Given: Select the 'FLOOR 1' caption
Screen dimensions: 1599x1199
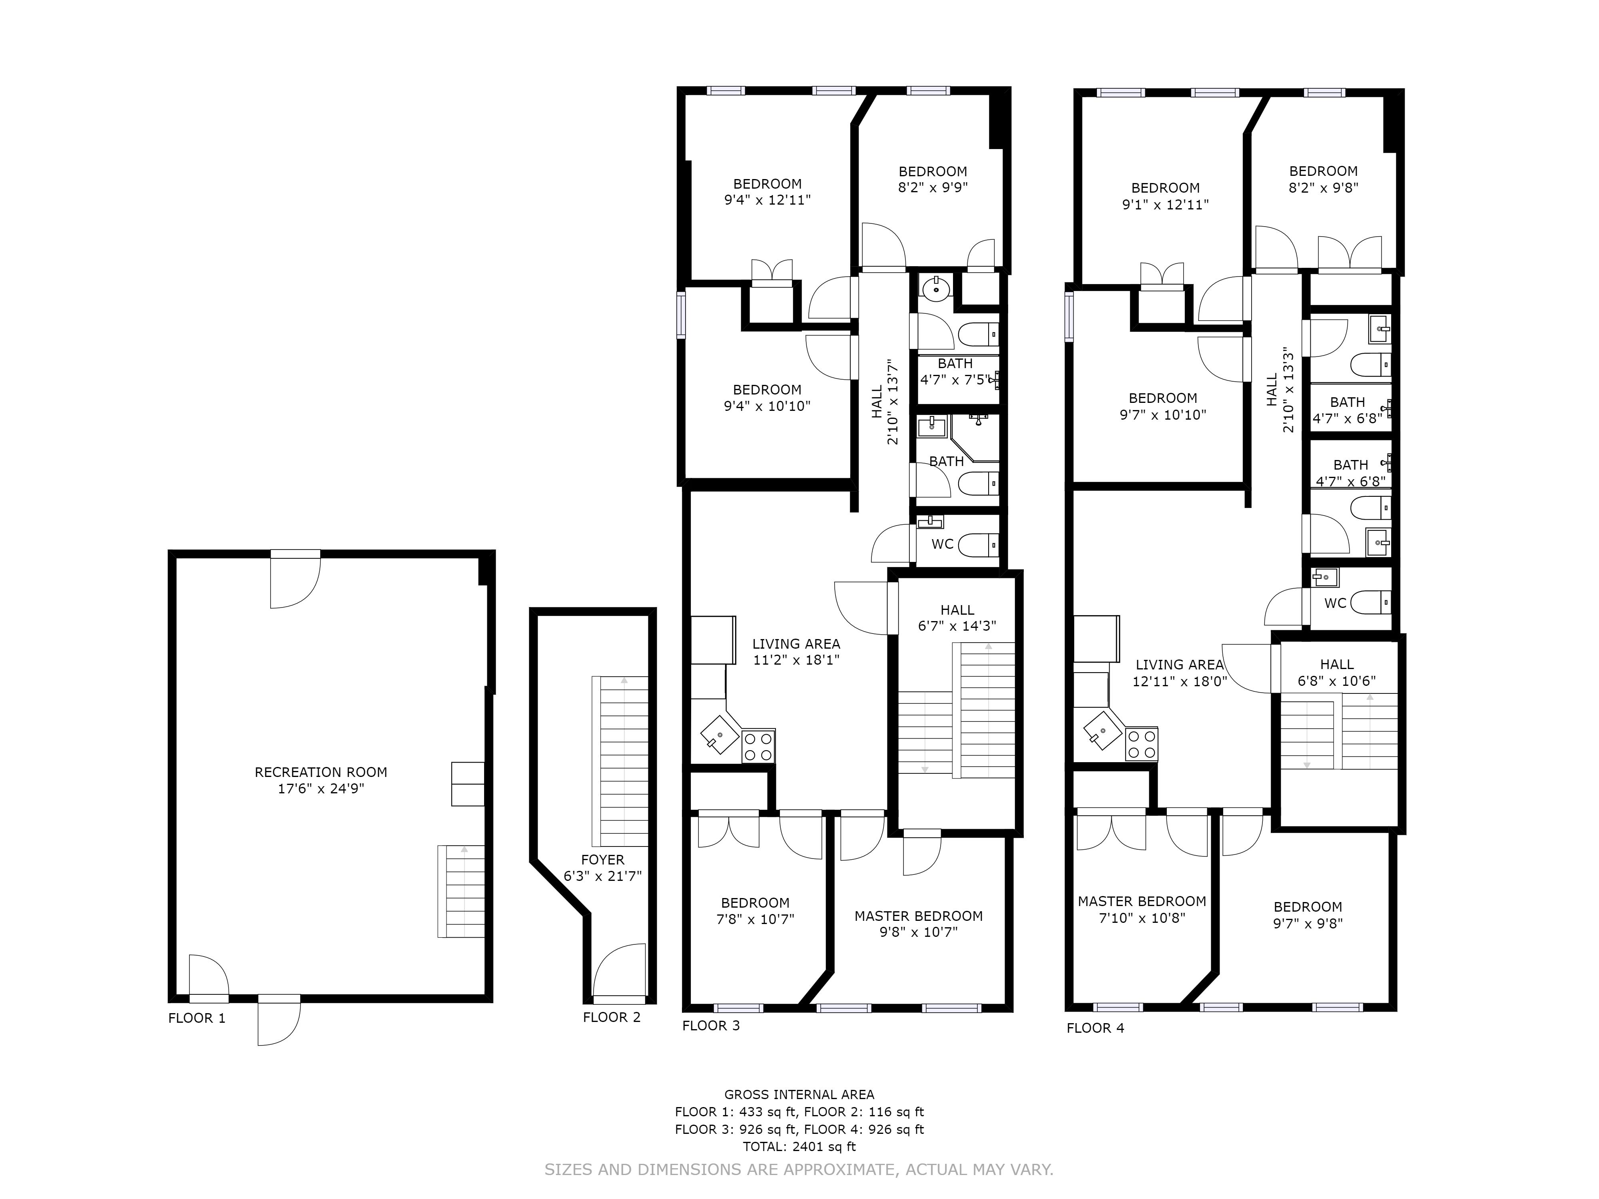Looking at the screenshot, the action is [x=197, y=1018].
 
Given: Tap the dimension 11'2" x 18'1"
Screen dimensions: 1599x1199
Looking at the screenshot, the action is [x=796, y=660].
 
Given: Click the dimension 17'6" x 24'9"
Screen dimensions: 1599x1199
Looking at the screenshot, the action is [x=321, y=789].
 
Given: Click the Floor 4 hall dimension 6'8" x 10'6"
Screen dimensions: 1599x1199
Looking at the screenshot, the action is [x=1337, y=681].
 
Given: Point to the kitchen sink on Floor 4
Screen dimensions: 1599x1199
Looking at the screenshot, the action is [x=1102, y=733].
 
